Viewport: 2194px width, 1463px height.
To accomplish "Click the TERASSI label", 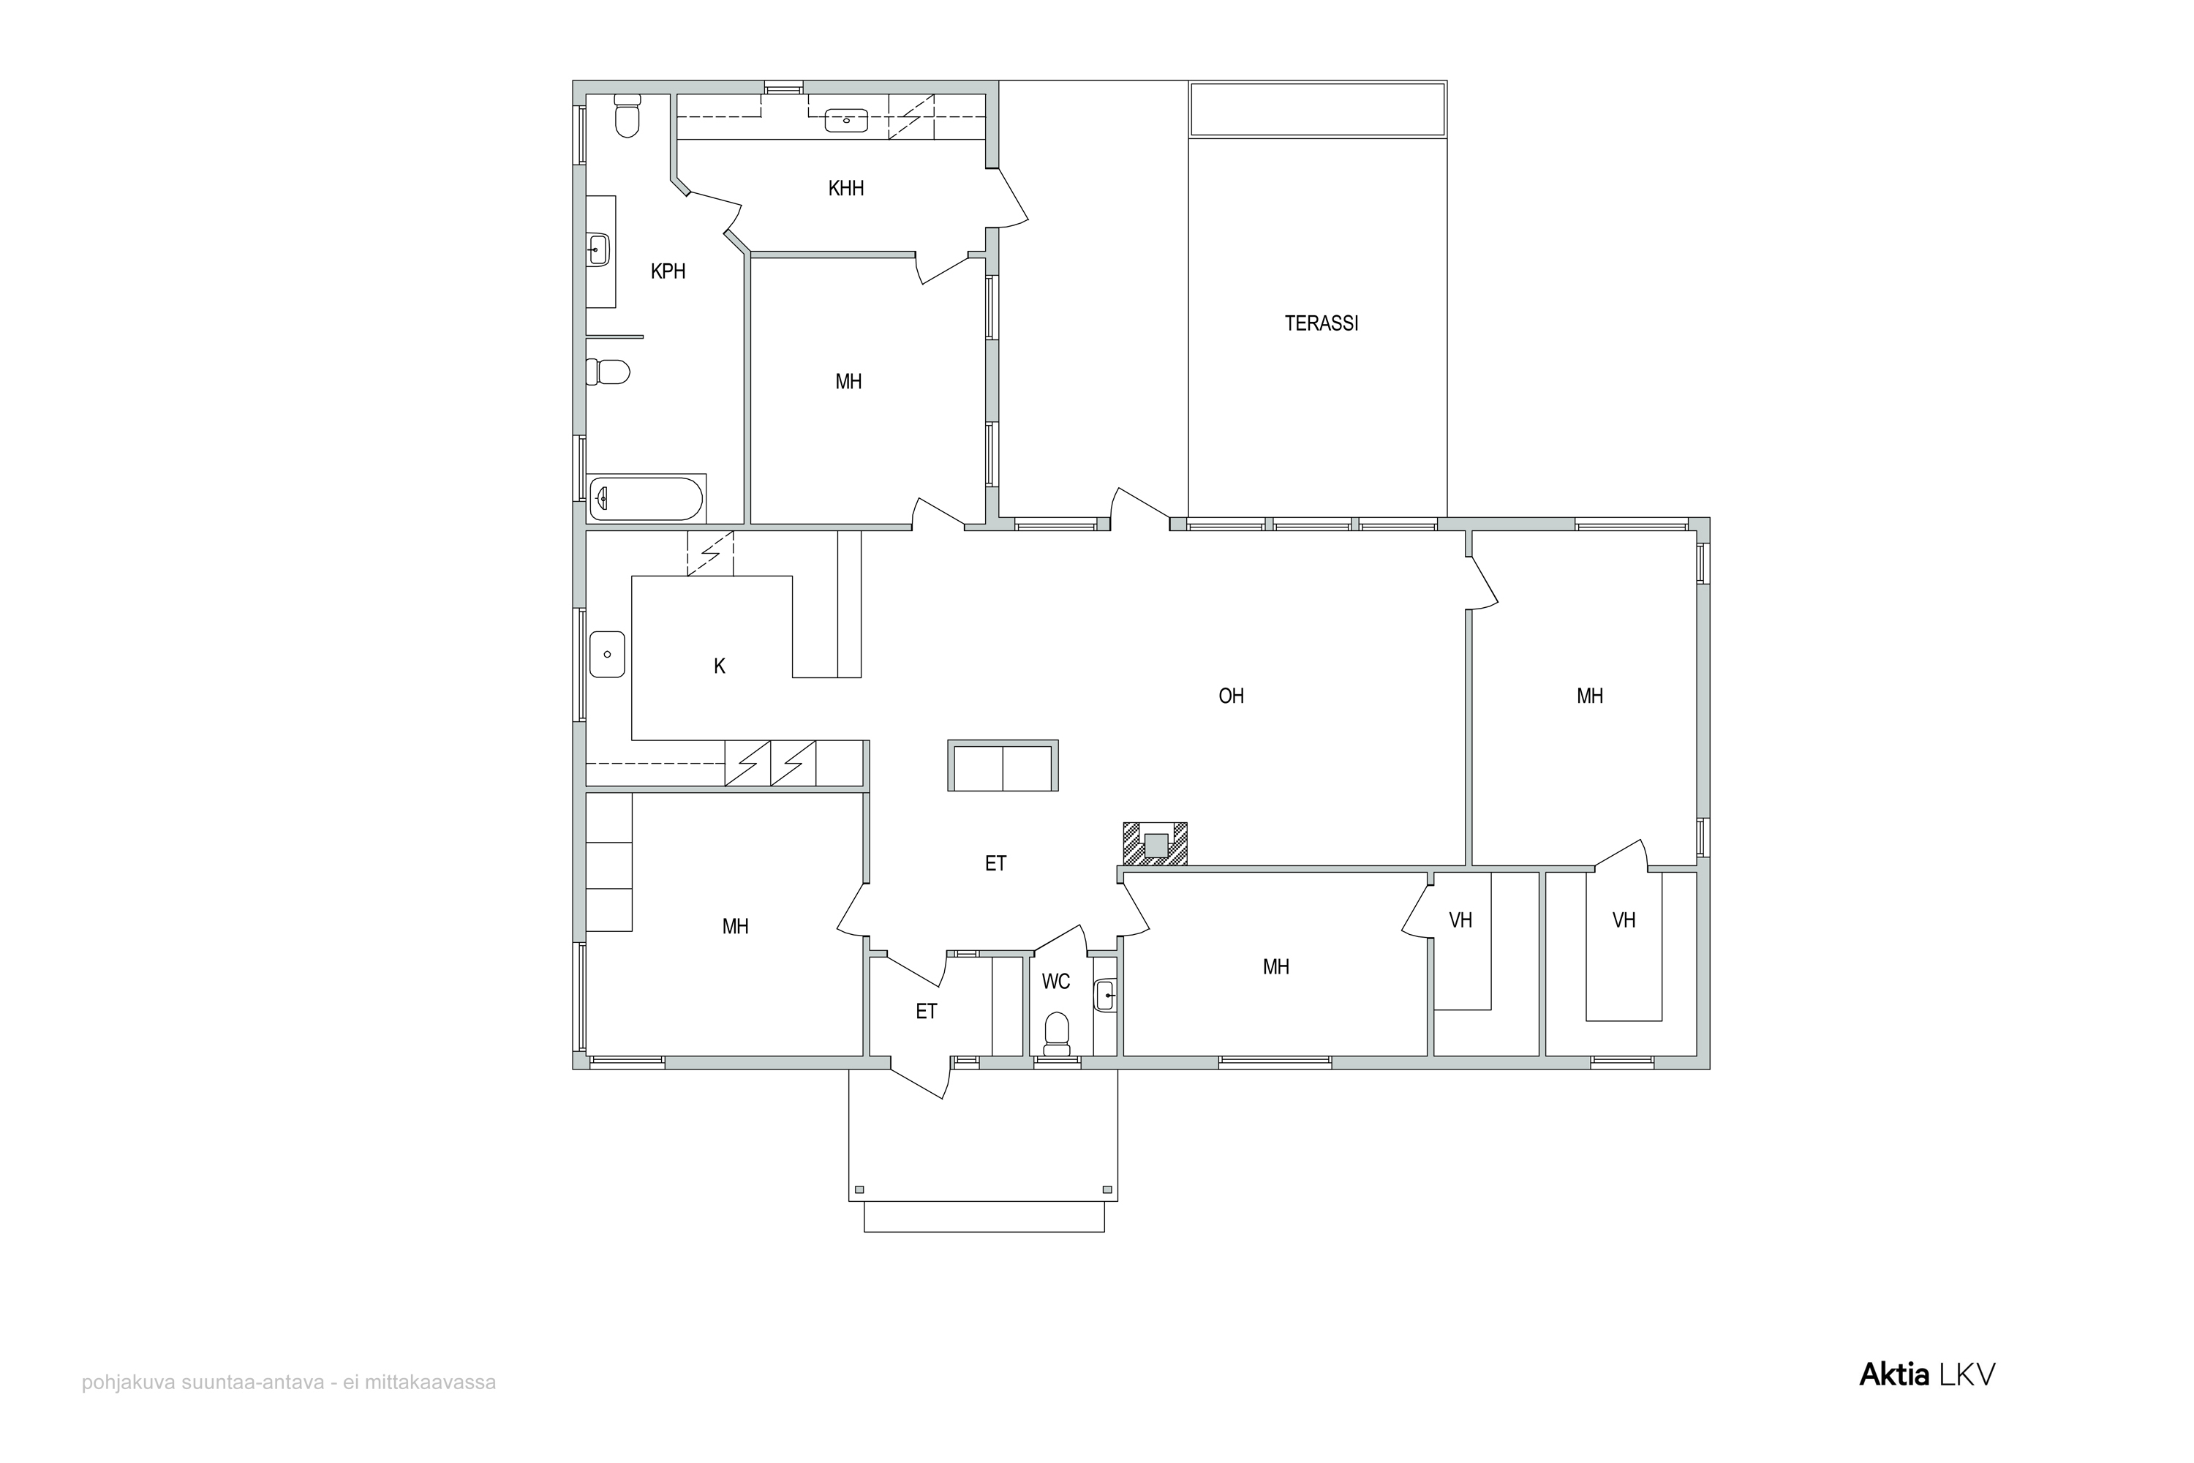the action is [x=1321, y=324].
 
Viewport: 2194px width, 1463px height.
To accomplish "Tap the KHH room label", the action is [x=846, y=189].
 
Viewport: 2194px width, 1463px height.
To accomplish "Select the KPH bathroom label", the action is [x=668, y=271].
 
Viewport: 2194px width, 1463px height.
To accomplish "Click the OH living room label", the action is [x=1232, y=696].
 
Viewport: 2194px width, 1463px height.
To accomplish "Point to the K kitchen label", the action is [x=719, y=666].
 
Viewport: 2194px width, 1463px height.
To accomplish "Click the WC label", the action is [x=1056, y=982].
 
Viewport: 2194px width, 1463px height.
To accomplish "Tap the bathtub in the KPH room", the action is [x=646, y=499].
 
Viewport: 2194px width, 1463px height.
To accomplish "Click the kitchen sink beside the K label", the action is [x=607, y=654].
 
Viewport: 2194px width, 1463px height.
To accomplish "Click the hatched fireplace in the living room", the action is [x=1155, y=844].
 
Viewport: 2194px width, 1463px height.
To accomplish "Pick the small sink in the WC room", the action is [x=1105, y=996].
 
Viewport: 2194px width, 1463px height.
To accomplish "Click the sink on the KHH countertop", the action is [x=846, y=121].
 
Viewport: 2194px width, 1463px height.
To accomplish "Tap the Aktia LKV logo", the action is [x=1927, y=1374].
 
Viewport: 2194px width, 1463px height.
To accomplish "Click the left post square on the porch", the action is [x=859, y=1189].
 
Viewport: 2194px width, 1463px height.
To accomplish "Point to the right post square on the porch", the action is [x=1107, y=1189].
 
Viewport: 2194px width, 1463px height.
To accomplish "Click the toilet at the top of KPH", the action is [x=627, y=115].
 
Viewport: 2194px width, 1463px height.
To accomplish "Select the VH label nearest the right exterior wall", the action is [x=1624, y=920].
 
